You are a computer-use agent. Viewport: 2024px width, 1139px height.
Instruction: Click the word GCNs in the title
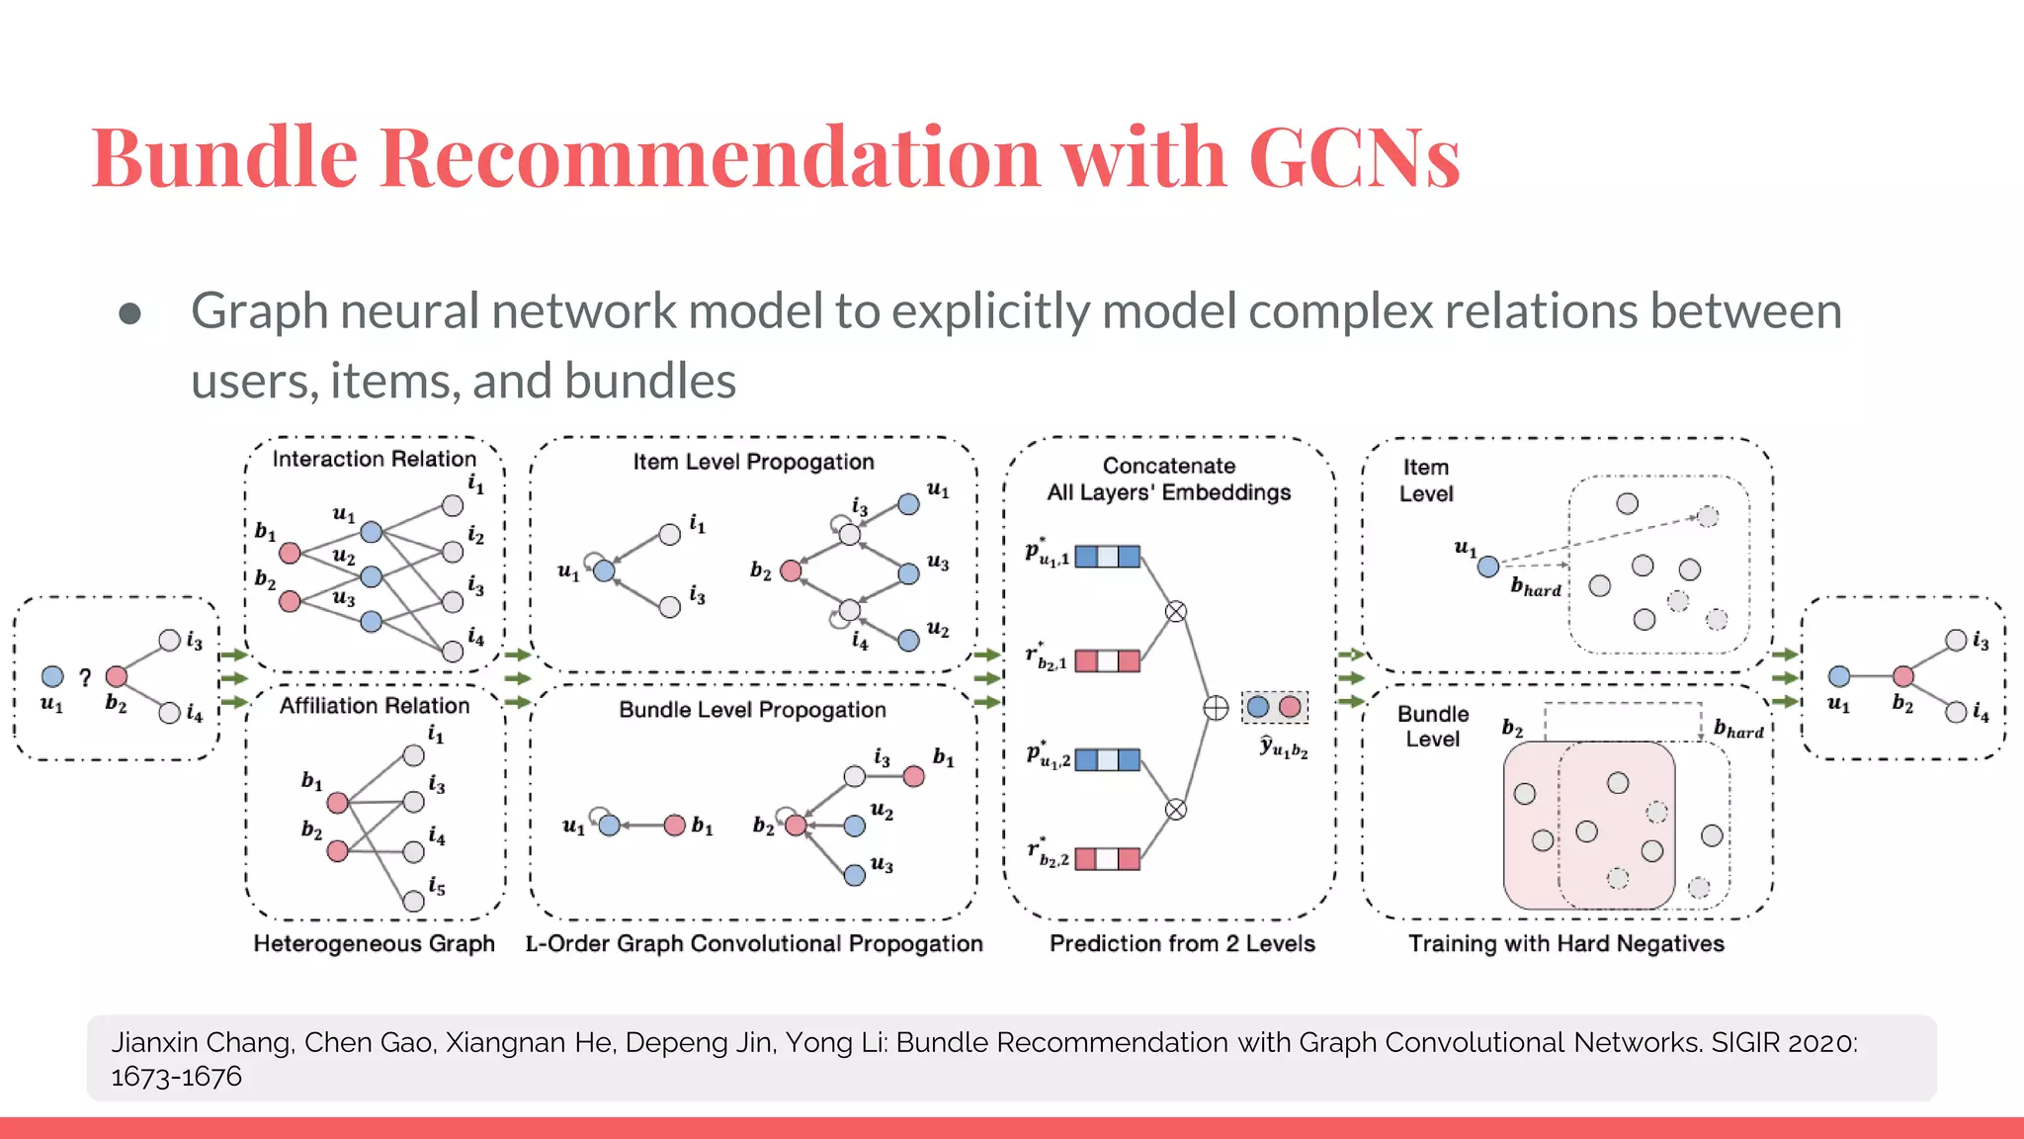pos(1353,158)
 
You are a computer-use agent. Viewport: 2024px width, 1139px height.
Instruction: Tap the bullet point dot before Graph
pos(129,314)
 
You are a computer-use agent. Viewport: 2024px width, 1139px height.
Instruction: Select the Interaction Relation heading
pos(374,459)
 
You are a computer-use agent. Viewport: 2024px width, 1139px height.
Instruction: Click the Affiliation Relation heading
pos(374,705)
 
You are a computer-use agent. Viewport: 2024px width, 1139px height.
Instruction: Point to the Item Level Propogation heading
pos(753,462)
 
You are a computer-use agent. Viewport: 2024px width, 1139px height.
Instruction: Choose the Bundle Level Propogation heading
pos(752,710)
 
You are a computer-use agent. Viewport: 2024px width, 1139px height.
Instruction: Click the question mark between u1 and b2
pos(85,677)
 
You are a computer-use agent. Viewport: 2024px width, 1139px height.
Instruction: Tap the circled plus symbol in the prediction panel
pos(1216,708)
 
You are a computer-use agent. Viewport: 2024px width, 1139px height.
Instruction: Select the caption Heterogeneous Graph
pos(374,943)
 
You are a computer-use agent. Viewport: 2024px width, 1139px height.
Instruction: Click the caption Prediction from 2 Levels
pos(1182,943)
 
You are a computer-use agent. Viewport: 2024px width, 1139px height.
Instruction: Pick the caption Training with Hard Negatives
pos(1565,943)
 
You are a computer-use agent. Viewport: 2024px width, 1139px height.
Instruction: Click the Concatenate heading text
pos(1168,466)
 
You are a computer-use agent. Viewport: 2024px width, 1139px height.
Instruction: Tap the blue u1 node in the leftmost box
pos(52,676)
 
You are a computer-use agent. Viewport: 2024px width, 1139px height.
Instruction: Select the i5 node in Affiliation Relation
pos(414,901)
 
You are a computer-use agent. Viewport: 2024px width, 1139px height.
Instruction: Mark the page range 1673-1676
pos(176,1077)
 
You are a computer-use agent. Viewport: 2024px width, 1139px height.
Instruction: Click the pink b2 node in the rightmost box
pos(1903,676)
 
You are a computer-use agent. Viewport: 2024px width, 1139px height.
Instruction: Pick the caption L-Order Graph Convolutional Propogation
pos(753,943)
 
